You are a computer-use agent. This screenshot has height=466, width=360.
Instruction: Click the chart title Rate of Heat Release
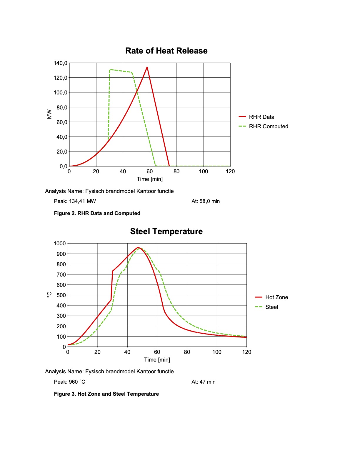[166, 51]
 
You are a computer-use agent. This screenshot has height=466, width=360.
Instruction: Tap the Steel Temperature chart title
[166, 232]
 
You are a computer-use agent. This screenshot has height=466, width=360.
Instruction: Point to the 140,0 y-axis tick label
[60, 63]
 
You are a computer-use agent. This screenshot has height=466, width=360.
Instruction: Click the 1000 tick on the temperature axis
[60, 244]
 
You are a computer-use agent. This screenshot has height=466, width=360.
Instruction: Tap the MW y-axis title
[49, 114]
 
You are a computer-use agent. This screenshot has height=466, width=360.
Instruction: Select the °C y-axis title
[49, 294]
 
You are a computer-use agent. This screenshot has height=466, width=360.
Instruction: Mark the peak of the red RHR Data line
[147, 67]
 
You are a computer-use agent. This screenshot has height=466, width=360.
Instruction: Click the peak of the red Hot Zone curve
[138, 248]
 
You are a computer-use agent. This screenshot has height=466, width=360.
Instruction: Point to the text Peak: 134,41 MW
[75, 201]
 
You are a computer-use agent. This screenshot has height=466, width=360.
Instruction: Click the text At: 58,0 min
[206, 201]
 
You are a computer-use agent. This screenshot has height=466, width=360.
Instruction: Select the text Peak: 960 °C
[70, 382]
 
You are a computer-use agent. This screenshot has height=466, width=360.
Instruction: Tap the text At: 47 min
[204, 382]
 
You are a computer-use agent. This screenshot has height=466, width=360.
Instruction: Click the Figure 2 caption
[97, 213]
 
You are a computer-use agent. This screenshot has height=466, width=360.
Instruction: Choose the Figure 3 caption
[106, 394]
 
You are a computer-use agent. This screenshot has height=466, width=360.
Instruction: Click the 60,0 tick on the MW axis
[62, 122]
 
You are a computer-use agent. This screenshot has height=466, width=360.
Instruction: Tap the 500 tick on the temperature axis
[61, 295]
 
